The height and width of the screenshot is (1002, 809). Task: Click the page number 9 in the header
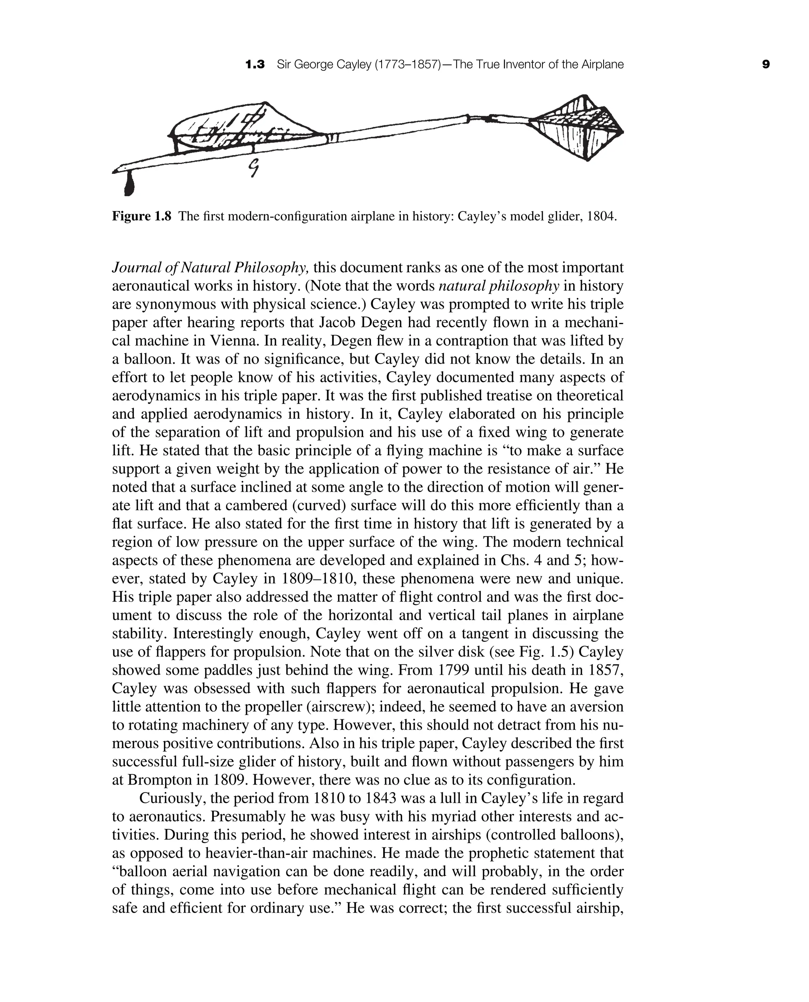766,64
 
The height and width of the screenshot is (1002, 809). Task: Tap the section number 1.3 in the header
255,64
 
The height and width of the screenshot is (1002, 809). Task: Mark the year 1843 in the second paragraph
380,798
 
